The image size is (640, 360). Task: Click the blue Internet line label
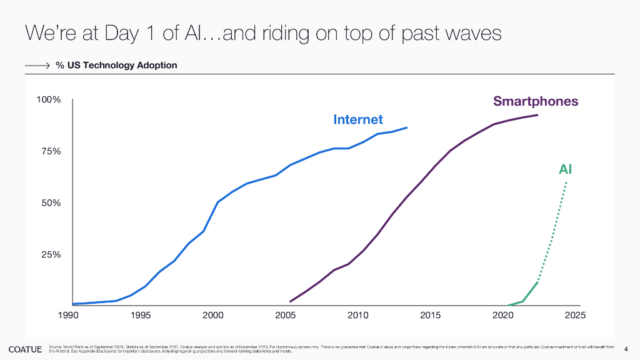tap(358, 119)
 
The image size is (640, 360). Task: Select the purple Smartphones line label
tap(536, 101)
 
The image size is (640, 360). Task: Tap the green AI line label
tap(565, 169)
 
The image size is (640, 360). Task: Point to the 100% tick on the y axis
tap(48, 100)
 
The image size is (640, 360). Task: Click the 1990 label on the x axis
tap(68, 315)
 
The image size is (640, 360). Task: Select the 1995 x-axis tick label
tap(141, 315)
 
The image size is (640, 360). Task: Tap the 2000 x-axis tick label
tap(213, 315)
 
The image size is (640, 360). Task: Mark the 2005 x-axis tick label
tap(286, 315)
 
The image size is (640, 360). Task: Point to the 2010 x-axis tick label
tap(358, 315)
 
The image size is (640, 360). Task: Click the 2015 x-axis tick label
tap(431, 315)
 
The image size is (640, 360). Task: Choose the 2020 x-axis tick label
tap(503, 315)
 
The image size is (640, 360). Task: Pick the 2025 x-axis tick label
tap(575, 315)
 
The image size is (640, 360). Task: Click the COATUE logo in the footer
tap(25, 348)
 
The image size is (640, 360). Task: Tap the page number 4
tap(626, 348)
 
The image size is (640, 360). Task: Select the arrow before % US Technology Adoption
tap(37, 65)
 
